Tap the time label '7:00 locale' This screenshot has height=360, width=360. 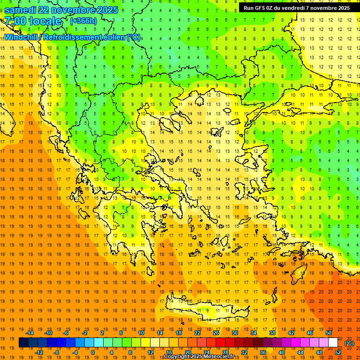point(32,21)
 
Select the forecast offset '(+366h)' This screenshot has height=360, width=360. point(83,21)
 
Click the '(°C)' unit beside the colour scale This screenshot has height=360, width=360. point(349,343)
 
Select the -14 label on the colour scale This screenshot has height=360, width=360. point(30,333)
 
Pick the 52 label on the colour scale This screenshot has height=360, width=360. point(338,352)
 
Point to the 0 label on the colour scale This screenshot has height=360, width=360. point(93,352)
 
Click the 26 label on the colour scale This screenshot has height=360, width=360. point(216,333)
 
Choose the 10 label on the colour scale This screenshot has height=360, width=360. point(141,333)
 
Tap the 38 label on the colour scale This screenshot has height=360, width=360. point(272,333)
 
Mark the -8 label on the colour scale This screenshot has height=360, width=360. point(57,352)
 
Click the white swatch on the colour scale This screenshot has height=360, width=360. point(333,343)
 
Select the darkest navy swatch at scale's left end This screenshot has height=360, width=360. point(23,343)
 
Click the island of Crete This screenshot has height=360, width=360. point(206,309)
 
